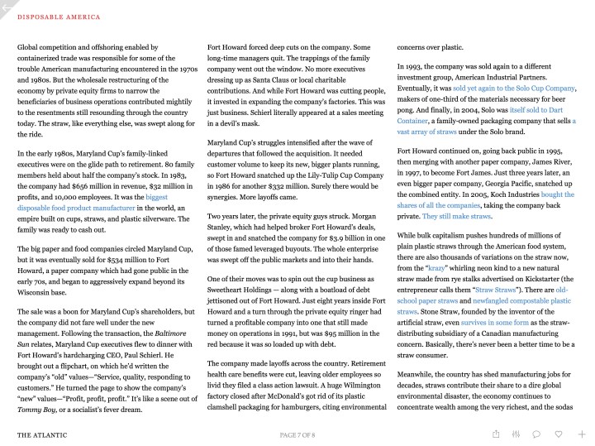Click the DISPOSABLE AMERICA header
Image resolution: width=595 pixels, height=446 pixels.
tap(59, 17)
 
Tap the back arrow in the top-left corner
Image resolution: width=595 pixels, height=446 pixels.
tap(6, 6)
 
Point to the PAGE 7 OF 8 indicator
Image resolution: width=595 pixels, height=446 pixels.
tap(297, 434)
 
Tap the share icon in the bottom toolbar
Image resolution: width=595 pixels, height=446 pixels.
tap(496, 434)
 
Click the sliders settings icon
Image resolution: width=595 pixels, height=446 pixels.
tap(516, 434)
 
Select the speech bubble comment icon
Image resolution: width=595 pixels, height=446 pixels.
tap(537, 434)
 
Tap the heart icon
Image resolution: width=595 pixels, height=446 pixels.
tap(559, 434)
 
